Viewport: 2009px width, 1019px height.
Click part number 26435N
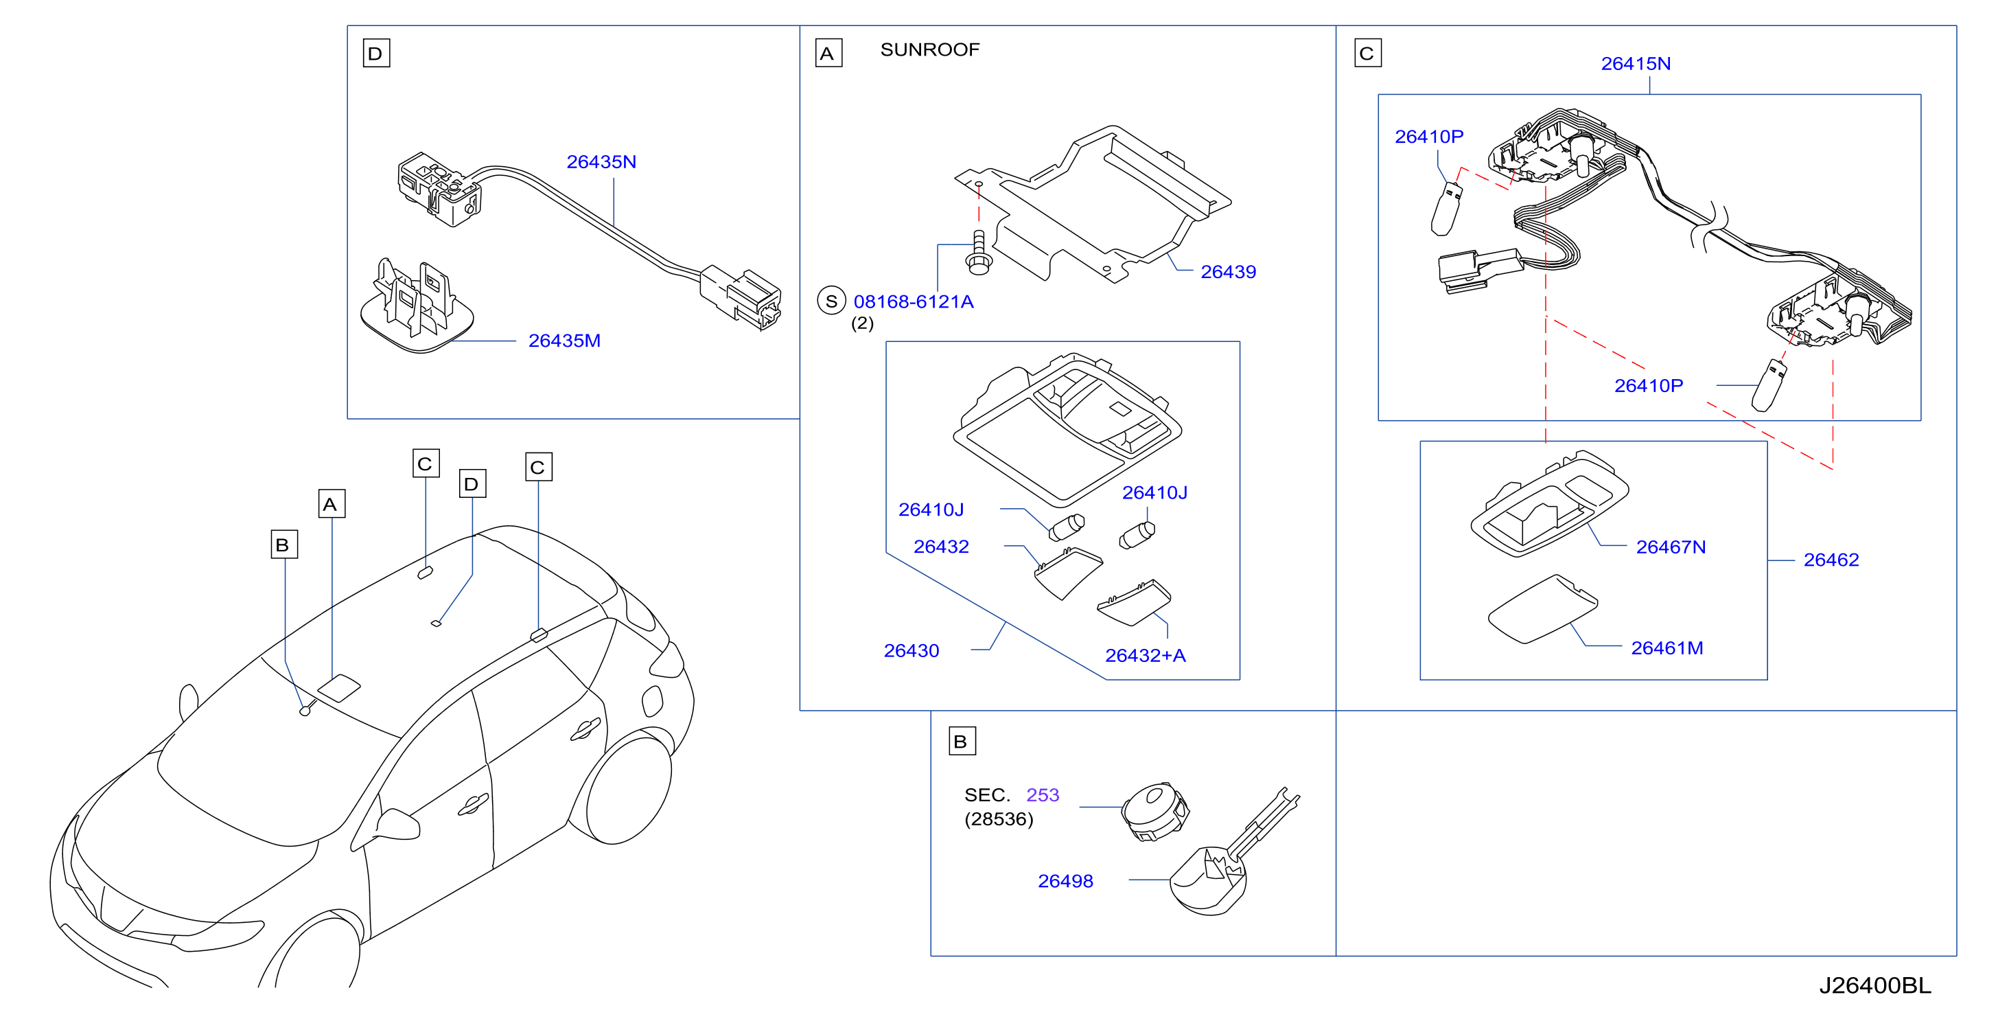click(601, 161)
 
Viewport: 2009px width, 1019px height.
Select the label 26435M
click(565, 341)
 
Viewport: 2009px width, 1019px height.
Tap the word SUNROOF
click(929, 49)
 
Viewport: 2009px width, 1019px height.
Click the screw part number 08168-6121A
click(914, 301)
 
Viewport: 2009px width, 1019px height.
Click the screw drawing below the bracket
click(979, 253)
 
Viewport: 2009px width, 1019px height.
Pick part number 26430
click(911, 651)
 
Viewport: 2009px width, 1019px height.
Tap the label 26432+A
click(1146, 655)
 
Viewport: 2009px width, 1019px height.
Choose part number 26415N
click(1636, 64)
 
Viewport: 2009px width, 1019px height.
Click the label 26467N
click(1671, 547)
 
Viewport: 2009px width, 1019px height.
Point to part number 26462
click(1831, 560)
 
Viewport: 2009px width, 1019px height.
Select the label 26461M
click(1667, 648)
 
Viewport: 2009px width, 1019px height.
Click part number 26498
click(1065, 881)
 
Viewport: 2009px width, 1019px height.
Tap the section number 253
click(1043, 795)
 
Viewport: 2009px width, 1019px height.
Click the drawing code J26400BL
click(1876, 985)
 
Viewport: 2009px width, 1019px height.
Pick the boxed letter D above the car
click(472, 484)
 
